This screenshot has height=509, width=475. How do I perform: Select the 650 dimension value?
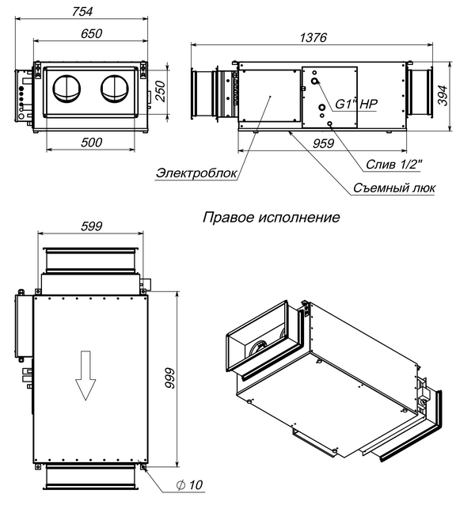[x=89, y=34]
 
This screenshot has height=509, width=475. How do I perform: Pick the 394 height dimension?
[x=443, y=94]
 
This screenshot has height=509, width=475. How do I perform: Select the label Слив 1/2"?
[x=393, y=165]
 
